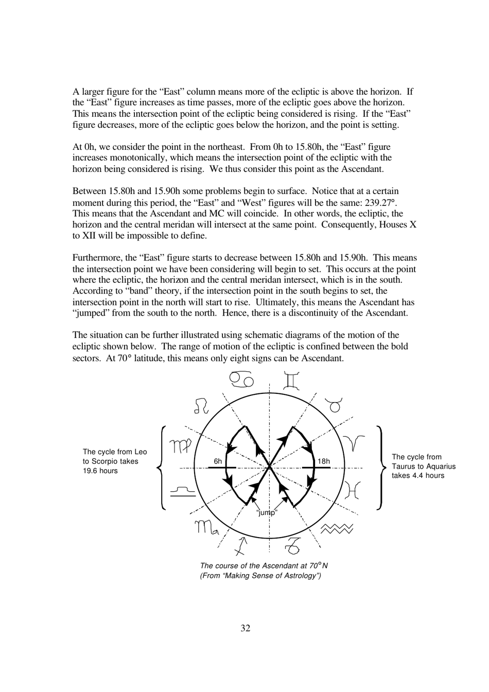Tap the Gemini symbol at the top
click(x=291, y=380)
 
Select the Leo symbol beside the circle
click(x=201, y=405)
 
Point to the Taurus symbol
click(x=335, y=406)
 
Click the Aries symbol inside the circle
click(x=354, y=442)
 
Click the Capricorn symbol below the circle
click(x=293, y=545)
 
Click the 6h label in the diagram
click(x=218, y=461)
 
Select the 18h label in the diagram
click(x=324, y=461)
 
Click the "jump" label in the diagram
click(x=267, y=512)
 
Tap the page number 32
click(x=245, y=628)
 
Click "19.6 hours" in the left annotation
click(x=100, y=471)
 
